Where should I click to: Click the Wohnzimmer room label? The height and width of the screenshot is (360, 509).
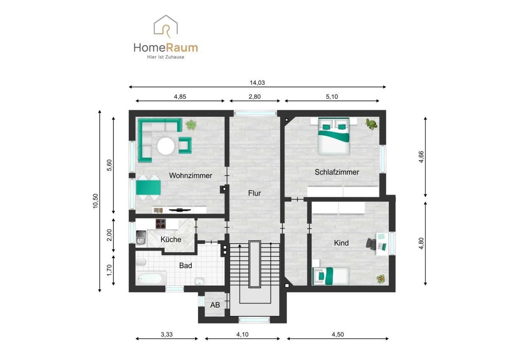point(190,176)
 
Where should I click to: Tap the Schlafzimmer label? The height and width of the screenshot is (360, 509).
point(337,172)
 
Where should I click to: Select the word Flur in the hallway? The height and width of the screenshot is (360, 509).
point(254,193)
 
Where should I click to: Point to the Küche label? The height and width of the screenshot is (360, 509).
point(171,239)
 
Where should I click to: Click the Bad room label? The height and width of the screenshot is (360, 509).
point(185,265)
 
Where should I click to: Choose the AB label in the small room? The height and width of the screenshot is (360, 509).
point(215,305)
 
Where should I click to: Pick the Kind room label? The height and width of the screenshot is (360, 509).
point(341,243)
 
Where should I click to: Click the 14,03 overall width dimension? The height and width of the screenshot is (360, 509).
point(257,83)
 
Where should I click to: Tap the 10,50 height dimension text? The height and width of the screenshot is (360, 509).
point(95,201)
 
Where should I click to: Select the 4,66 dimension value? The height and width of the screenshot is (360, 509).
point(421,157)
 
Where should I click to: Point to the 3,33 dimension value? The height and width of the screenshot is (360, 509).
point(167,334)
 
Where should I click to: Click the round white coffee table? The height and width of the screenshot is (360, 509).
point(166,146)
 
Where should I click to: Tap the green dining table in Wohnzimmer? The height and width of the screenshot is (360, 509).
point(148,188)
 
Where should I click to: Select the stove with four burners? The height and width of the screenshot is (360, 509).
point(161,224)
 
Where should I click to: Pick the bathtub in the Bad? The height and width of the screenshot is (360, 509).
point(150,278)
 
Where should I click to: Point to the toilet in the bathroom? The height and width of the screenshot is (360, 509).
point(141,262)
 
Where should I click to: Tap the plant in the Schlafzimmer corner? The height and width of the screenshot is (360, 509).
point(371,124)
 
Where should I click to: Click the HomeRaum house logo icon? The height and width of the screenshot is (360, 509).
point(166,26)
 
